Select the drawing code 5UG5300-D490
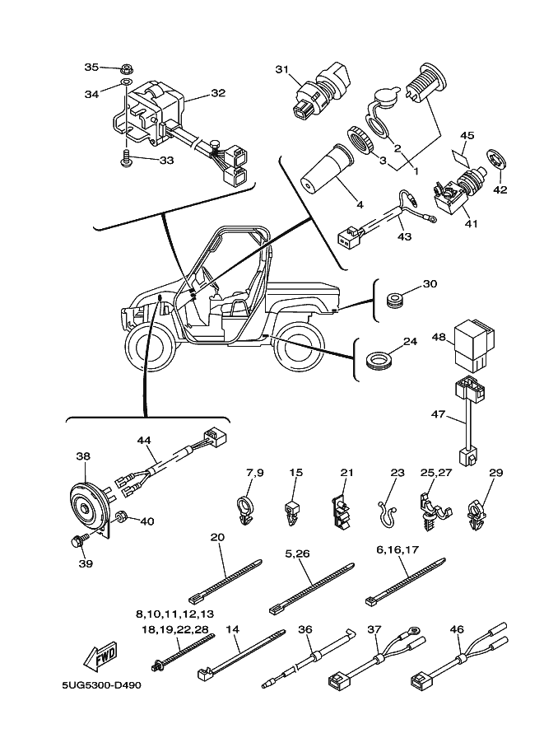tap(95, 684)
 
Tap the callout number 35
tap(91, 67)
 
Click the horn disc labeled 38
tap(87, 507)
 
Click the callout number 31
tap(283, 70)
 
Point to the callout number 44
tap(145, 441)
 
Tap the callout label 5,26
tap(297, 554)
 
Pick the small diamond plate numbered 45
tap(461, 154)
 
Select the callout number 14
tap(232, 628)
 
